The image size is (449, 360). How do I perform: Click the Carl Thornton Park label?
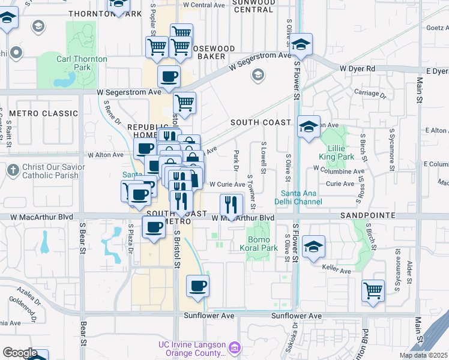82,63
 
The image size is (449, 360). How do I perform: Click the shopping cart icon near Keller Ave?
373,291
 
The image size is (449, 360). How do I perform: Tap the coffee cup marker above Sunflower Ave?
197,286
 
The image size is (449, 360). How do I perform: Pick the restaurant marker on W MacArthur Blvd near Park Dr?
231,205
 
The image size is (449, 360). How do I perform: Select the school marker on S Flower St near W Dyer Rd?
301,44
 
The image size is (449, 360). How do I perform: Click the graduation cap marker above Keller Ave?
313,247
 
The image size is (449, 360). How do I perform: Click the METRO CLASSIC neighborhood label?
44,113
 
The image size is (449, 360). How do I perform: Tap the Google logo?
20,353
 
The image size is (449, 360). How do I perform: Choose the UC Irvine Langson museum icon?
235,349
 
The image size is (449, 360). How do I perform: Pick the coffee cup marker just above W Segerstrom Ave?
168,76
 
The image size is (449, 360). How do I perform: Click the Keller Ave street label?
338,271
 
